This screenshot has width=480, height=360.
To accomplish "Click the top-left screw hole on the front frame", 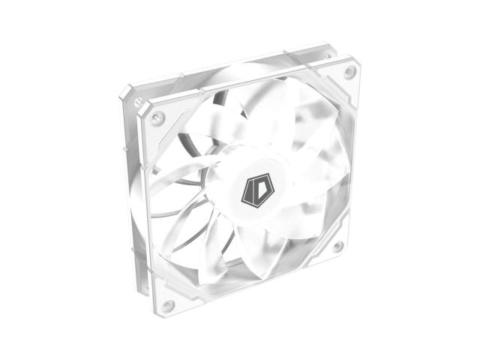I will point(157,118).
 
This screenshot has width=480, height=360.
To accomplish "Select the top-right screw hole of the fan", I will point(349,73).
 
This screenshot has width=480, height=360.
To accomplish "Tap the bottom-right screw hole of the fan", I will point(337,245).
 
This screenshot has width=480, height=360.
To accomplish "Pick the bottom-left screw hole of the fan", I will point(168,305).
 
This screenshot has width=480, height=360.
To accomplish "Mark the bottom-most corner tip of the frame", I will point(166,318).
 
